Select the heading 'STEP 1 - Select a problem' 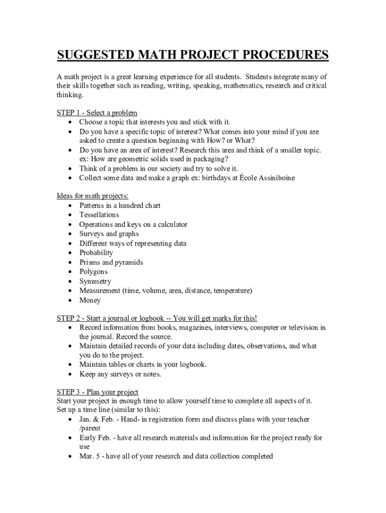[x=97, y=113]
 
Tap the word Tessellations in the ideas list [x=99, y=215]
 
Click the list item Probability [x=96, y=253]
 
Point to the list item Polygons [x=93, y=272]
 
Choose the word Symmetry [x=95, y=282]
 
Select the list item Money [x=90, y=301]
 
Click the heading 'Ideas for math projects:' [x=93, y=196]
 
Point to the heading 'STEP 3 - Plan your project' [x=98, y=391]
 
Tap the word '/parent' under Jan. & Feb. [x=90, y=428]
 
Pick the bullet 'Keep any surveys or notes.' [x=120, y=374]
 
